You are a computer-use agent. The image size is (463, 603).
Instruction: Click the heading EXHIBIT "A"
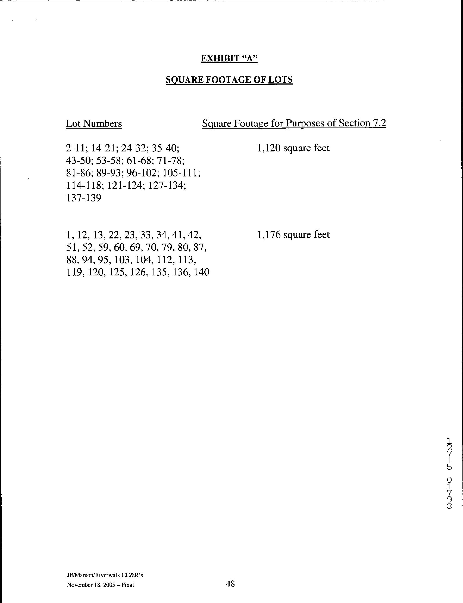(229, 58)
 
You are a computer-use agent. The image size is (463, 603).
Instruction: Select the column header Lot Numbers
(94, 123)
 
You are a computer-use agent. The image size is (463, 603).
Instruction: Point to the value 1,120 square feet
(293, 148)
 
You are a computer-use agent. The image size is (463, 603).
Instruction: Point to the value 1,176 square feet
(293, 235)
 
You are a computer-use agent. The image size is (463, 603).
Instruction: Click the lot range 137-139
(84, 198)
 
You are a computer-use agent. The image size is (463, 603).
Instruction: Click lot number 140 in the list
(201, 272)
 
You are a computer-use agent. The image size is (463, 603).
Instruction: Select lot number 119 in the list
(74, 272)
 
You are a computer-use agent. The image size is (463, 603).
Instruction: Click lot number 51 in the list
(72, 247)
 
